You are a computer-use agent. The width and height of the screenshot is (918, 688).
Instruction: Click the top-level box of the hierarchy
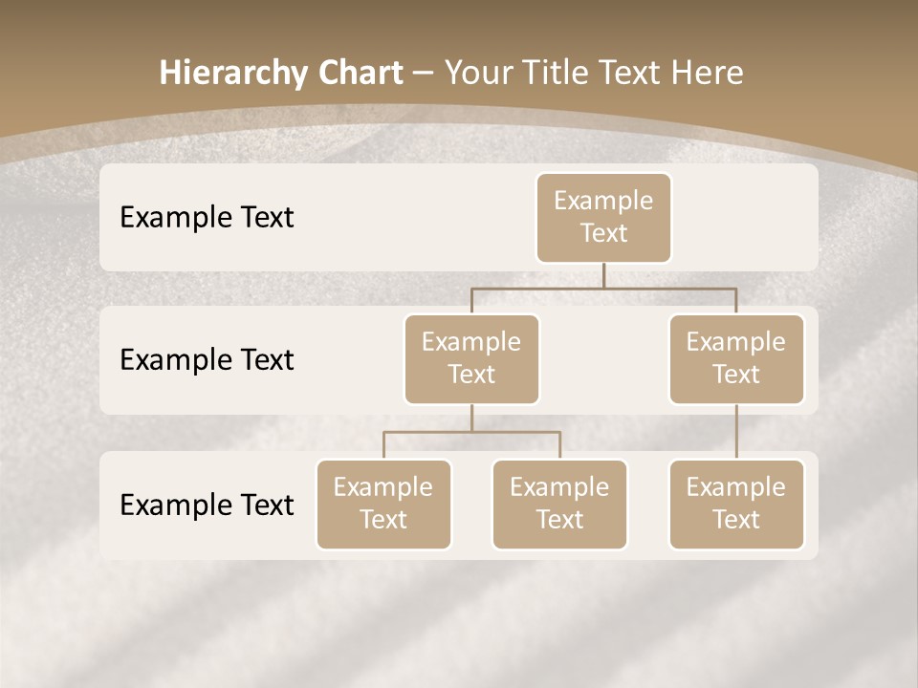tap(603, 217)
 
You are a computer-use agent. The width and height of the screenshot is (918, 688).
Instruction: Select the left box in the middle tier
tap(471, 358)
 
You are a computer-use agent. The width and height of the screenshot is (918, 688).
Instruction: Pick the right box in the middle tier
tap(736, 358)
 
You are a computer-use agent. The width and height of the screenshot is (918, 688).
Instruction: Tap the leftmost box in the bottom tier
tap(383, 504)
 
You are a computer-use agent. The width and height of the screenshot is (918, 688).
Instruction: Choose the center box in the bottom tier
tap(559, 504)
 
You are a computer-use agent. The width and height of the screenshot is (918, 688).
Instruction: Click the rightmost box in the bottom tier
tap(736, 504)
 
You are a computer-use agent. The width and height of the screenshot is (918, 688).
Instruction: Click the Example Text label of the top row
tap(207, 217)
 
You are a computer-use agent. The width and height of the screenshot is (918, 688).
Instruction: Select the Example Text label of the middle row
tap(207, 359)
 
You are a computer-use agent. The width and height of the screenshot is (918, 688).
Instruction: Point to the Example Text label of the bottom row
tap(207, 505)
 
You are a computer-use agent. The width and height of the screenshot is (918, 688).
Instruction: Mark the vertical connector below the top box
tap(603, 275)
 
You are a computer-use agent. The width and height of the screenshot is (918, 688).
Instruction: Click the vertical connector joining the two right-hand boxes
tap(736, 432)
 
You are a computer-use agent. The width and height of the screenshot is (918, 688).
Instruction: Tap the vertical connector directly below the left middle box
tap(471, 418)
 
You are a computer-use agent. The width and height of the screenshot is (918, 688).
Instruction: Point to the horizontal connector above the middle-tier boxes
tap(603, 288)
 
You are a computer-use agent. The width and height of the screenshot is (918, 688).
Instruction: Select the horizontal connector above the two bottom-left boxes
tap(471, 432)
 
